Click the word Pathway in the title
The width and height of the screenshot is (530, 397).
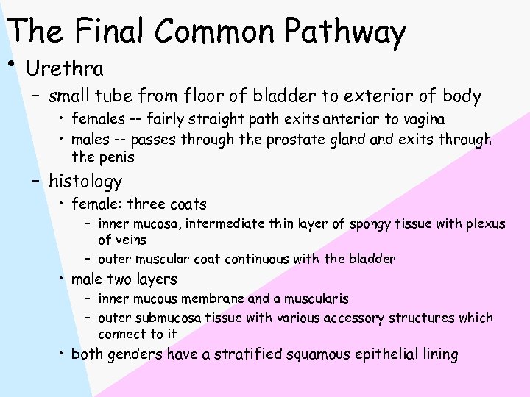point(345,32)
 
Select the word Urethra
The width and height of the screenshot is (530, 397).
point(64,69)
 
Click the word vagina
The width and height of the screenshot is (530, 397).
point(423,119)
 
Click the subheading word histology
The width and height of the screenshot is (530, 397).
point(85,181)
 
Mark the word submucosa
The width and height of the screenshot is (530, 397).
point(166,318)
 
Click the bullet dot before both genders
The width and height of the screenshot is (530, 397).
point(63,353)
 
